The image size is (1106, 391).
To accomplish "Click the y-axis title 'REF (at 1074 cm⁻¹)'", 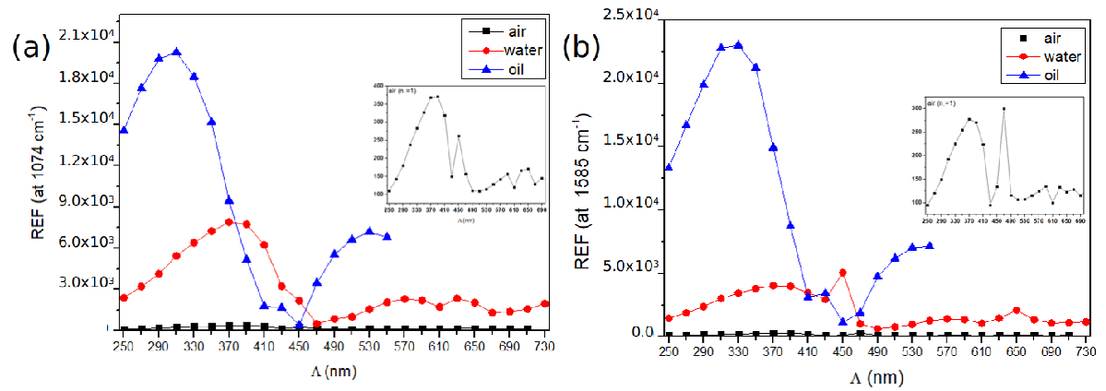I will click(40, 183).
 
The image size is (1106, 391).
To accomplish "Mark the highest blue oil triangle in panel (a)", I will click(176, 53).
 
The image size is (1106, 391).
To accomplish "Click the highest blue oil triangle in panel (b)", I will click(738, 45).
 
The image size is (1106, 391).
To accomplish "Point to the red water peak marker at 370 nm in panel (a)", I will click(229, 222).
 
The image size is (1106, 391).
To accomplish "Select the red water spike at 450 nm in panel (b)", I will click(843, 272).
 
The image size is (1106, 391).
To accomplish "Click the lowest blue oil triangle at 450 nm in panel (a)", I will click(299, 325).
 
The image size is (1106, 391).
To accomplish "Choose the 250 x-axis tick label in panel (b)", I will click(668, 352).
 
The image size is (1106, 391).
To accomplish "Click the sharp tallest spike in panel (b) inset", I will click(1004, 109).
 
